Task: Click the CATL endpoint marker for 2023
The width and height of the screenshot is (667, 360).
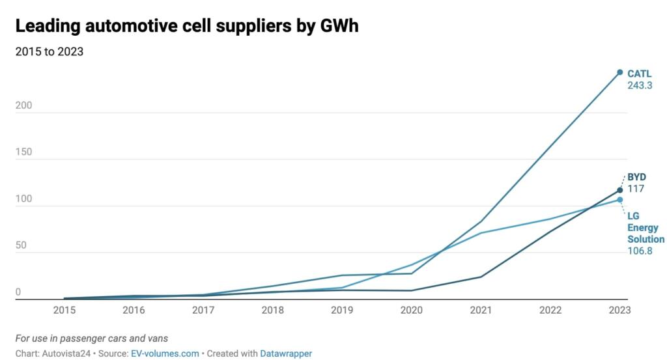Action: click(620, 72)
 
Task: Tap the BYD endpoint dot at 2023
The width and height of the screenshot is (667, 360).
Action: click(620, 190)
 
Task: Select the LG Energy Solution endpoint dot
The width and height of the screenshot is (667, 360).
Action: click(620, 200)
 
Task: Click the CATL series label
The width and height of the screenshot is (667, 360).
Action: click(640, 74)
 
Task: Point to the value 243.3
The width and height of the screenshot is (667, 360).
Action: click(640, 85)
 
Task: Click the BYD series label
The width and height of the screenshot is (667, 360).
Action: click(636, 177)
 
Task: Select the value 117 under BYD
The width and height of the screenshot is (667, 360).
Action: click(635, 189)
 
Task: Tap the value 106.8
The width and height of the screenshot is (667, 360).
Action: click(640, 251)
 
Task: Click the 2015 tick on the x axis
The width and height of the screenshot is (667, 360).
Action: click(64, 311)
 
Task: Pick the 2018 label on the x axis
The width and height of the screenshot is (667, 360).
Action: click(273, 311)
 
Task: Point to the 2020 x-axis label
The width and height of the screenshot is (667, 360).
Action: click(412, 311)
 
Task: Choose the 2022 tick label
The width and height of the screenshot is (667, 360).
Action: click(550, 311)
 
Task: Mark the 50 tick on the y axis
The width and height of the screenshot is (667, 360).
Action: click(21, 245)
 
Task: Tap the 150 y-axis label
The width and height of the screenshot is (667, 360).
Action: click(23, 152)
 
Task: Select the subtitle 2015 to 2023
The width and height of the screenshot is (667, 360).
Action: click(49, 52)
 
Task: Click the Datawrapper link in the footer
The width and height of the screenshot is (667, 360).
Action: click(286, 353)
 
